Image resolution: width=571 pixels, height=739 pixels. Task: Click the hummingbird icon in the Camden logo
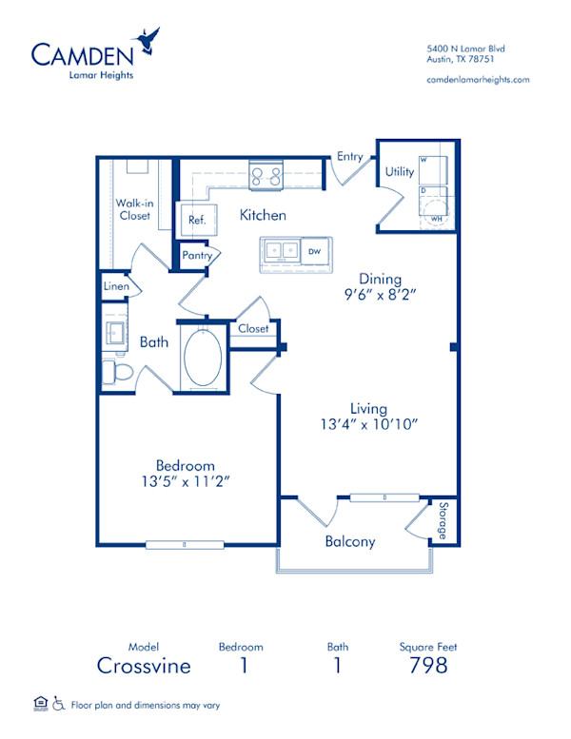148,40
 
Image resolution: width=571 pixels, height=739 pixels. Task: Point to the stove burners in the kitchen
266,175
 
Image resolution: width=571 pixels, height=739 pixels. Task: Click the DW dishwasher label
314,251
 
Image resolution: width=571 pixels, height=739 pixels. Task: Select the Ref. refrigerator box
197,220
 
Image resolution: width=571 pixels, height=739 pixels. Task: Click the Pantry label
197,255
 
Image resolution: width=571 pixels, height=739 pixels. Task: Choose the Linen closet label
116,285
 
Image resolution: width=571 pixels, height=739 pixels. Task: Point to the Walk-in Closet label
134,209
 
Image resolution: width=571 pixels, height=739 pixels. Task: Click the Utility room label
399,172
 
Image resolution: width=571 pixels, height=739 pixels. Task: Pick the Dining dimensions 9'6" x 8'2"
381,295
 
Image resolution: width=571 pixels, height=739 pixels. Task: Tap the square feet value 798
429,665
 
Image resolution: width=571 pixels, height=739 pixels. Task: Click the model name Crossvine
144,665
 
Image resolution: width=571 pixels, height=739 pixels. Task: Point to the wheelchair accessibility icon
59,704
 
